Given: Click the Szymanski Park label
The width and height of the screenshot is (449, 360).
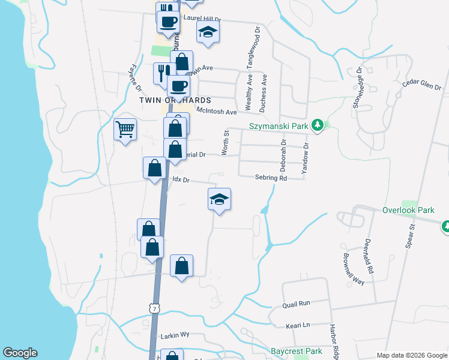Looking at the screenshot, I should pyautogui.click(x=279, y=126).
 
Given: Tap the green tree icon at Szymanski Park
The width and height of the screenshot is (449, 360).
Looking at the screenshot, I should pyautogui.click(x=318, y=125).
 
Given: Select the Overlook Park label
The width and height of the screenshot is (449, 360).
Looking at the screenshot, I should pyautogui.click(x=408, y=211).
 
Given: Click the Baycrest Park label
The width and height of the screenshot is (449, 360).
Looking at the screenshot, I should pyautogui.click(x=297, y=351).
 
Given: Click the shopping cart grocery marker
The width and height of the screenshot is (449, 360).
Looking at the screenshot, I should pyautogui.click(x=125, y=129).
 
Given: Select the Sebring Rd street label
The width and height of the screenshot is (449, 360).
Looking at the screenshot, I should pyautogui.click(x=271, y=178).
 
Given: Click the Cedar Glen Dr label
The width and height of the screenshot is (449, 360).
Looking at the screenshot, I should pyautogui.click(x=422, y=84).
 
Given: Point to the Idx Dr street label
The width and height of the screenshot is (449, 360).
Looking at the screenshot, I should pyautogui.click(x=181, y=179).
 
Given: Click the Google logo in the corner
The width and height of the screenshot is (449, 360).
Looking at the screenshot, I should pyautogui.click(x=20, y=353).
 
